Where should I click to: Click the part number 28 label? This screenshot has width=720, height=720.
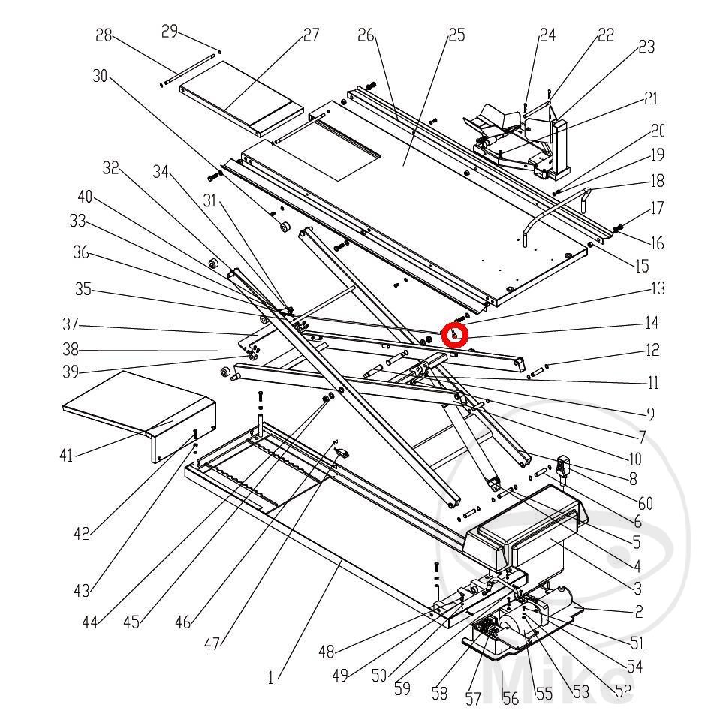tap(104, 35)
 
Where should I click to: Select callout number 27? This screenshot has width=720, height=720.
tap(310, 35)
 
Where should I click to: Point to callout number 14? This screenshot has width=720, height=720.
tap(651, 323)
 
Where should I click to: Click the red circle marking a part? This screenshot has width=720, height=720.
tap(455, 334)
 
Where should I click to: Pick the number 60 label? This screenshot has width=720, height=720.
tap(644, 503)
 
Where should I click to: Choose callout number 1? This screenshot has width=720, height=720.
tap(270, 678)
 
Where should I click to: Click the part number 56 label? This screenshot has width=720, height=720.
tap(510, 698)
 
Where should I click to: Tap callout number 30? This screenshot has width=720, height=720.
tap(101, 76)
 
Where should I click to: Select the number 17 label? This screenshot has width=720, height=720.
tap(657, 208)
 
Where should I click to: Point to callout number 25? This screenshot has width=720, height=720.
tap(456, 35)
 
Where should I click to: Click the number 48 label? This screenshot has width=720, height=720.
tap(326, 652)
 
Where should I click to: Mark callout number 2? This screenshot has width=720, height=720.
tap(638, 611)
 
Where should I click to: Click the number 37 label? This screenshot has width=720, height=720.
tap(71, 325)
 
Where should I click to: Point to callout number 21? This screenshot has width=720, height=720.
tap(650, 98)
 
